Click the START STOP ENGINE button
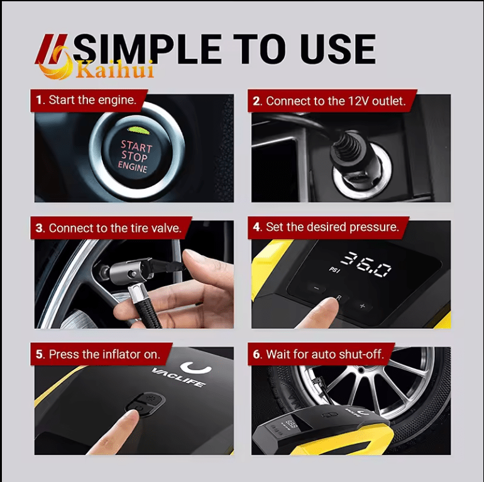click(135, 156)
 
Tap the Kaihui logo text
click(114, 69)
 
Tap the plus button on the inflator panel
click(362, 306)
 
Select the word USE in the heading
click(339, 48)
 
